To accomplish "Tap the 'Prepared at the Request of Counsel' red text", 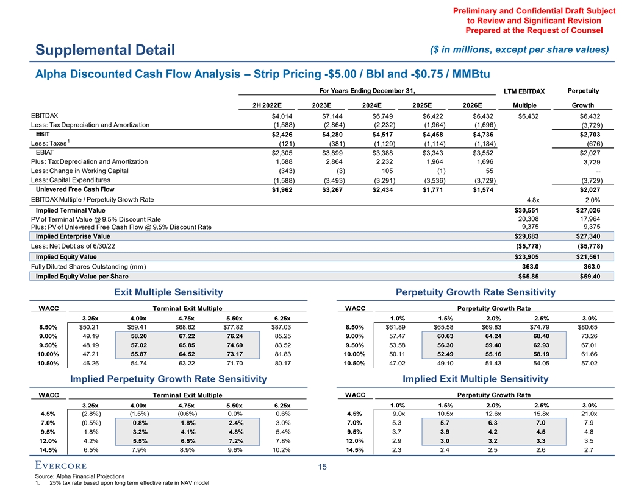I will point(534,30).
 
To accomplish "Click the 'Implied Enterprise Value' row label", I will point(73,236).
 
